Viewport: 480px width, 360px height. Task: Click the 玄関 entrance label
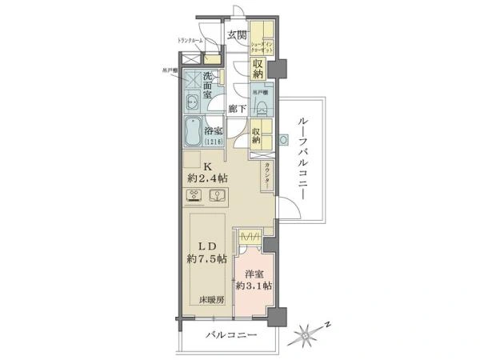click(x=235, y=34)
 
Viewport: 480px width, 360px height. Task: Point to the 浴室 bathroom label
click(x=212, y=131)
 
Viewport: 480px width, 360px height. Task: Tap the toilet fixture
click(x=261, y=108)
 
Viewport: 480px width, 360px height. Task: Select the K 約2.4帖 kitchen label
click(x=206, y=172)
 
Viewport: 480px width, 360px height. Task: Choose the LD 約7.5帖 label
click(x=206, y=252)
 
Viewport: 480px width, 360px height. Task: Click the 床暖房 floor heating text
click(x=212, y=301)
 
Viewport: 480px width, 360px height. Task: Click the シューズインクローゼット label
click(x=262, y=46)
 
